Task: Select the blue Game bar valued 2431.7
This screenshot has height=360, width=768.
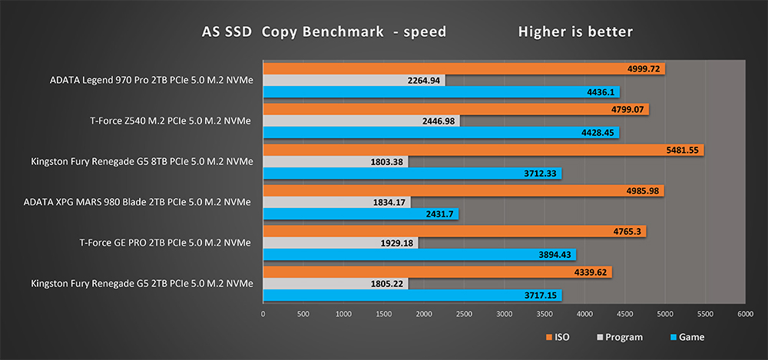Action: [361, 214]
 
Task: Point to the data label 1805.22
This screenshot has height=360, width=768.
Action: [389, 283]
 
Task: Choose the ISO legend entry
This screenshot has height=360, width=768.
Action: [560, 337]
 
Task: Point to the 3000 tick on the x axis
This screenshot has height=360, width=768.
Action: [504, 313]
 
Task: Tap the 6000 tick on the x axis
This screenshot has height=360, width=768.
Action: [744, 313]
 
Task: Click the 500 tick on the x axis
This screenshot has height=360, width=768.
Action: [303, 313]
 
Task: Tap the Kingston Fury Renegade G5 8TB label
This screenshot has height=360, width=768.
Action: [141, 162]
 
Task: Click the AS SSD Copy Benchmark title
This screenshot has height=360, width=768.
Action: [323, 32]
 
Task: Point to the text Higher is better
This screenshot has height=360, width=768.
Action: [575, 32]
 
